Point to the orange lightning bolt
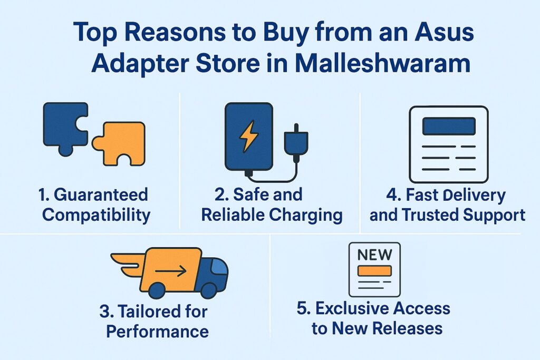point(248,136)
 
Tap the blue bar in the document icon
point(449,126)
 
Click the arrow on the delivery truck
point(170,271)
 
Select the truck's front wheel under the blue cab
point(208,290)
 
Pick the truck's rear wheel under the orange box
point(157,290)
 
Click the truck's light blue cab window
point(219,266)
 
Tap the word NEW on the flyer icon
point(375,255)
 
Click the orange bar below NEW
point(374,271)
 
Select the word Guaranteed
point(101,194)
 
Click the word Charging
point(306,216)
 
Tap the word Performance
point(157,331)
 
